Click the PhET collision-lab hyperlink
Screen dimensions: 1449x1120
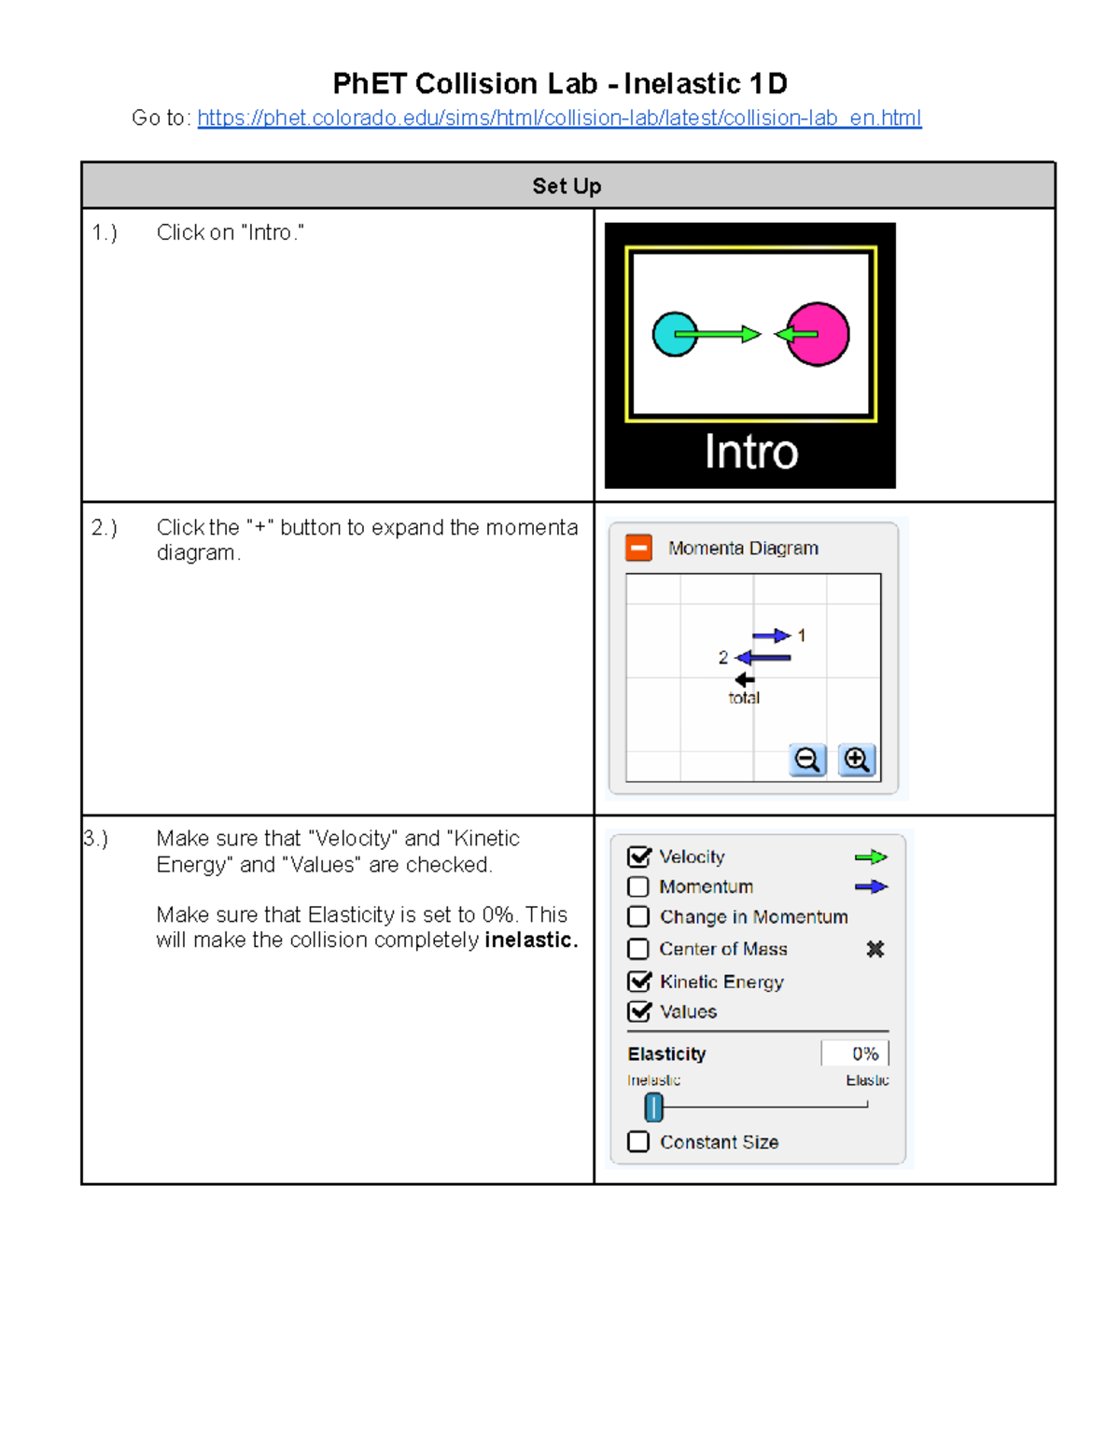559,118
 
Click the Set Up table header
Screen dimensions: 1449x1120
567,186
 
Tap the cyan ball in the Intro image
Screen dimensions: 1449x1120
674,334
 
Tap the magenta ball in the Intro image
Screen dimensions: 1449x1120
819,334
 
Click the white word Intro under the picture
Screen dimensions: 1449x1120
750,453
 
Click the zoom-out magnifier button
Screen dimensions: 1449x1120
807,759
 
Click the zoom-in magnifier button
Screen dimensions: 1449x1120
856,759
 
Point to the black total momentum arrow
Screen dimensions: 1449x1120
744,679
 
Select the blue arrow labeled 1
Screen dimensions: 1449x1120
771,636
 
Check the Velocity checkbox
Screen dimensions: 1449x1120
639,857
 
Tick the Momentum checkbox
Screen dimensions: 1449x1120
638,886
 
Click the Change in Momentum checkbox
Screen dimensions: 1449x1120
638,917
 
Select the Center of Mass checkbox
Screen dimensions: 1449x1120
638,949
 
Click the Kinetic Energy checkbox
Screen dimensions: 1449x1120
639,982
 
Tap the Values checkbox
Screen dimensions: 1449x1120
639,1011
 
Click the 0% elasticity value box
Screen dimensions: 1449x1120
855,1053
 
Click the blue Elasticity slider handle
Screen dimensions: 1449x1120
654,1107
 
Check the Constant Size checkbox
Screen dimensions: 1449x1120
638,1142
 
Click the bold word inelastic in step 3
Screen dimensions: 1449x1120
530,940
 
